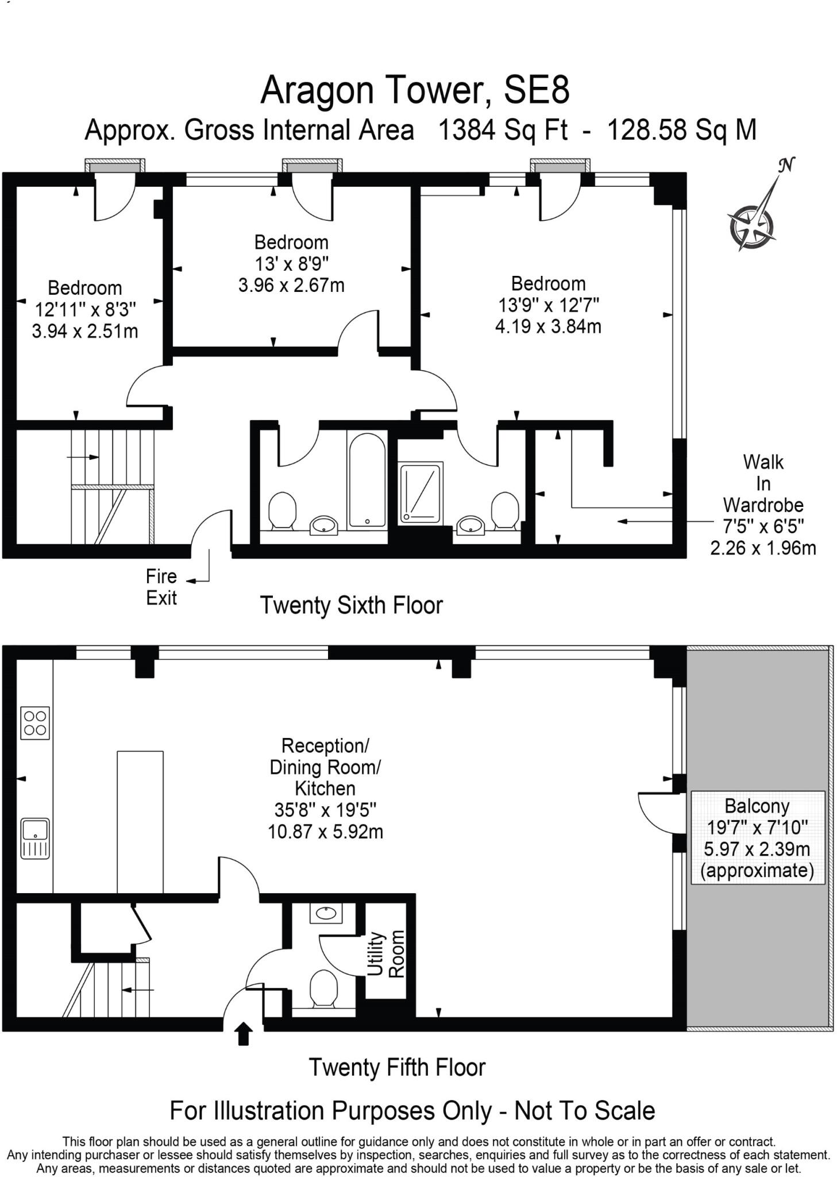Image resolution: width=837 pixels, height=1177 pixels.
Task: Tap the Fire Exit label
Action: coord(161,587)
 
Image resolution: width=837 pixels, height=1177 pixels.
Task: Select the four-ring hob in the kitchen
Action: coord(35,722)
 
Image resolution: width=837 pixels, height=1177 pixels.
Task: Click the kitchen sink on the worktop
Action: coord(35,838)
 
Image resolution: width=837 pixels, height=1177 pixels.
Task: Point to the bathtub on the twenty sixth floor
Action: coord(367,480)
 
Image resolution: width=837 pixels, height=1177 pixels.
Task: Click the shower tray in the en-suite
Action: coord(421,493)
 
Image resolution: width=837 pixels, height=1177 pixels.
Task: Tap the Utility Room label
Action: coord(385,953)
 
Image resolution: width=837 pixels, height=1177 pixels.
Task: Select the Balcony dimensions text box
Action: coord(757,838)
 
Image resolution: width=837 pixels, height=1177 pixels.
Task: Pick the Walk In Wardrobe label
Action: coord(762,505)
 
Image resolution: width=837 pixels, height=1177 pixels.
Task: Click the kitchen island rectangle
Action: coord(140,821)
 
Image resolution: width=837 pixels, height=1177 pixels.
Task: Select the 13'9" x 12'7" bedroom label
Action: coord(548,305)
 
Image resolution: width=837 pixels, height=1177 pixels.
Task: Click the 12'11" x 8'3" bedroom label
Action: coord(85,309)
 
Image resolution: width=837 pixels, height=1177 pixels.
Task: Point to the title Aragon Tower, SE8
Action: coord(415,91)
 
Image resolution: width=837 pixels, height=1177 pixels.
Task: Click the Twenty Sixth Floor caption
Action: coord(351,605)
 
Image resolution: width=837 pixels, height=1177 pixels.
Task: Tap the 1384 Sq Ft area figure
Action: coord(503,130)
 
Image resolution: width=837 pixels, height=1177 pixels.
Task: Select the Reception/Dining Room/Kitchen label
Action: coord(325,788)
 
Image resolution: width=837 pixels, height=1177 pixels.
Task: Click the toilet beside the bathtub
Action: coord(282,510)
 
